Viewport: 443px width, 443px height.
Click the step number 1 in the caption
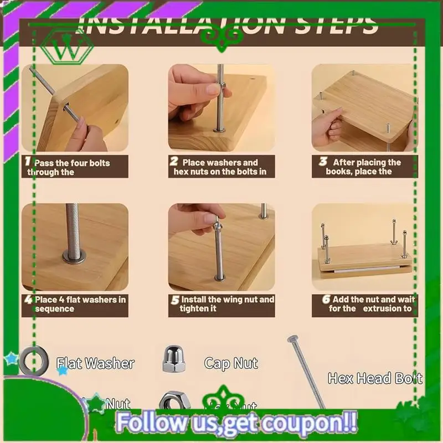click(x=27, y=161)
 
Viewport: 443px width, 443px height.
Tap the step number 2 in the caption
click(x=174, y=162)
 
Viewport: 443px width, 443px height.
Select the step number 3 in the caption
click(x=322, y=162)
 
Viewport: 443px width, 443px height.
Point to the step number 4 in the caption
click(x=28, y=300)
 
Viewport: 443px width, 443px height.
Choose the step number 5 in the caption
click(x=174, y=300)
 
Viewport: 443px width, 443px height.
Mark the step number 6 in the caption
click(x=326, y=299)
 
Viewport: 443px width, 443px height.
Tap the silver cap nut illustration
click(x=172, y=360)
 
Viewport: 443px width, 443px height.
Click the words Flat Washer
click(x=95, y=364)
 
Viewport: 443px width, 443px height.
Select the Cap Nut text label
click(x=231, y=364)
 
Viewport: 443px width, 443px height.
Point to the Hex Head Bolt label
click(x=375, y=379)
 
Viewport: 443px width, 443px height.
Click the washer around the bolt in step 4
click(x=74, y=256)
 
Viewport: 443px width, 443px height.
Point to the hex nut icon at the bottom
click(x=172, y=403)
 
